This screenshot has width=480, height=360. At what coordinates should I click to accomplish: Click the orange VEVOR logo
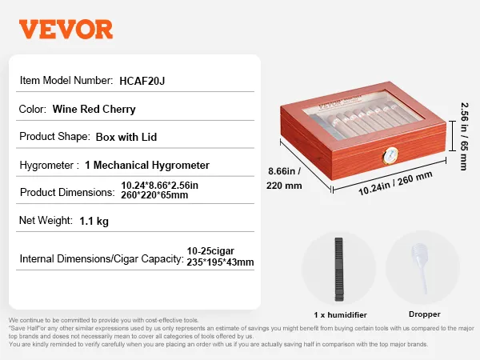click(x=66, y=29)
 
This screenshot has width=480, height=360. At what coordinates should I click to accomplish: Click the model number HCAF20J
click(x=142, y=81)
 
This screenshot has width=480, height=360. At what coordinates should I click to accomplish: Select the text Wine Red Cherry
click(x=94, y=109)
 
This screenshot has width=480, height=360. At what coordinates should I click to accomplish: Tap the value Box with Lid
click(x=126, y=137)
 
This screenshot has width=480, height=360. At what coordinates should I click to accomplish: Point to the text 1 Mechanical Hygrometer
click(x=147, y=166)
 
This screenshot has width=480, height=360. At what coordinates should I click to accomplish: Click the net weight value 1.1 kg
click(x=94, y=221)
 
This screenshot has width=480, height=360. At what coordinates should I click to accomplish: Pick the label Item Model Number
click(x=66, y=81)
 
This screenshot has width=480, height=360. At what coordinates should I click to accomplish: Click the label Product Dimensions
click(x=67, y=192)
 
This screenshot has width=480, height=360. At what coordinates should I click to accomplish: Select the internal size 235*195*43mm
click(x=220, y=262)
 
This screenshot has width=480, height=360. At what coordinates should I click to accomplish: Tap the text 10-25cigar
click(x=210, y=251)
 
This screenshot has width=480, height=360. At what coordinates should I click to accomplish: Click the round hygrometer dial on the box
click(x=391, y=155)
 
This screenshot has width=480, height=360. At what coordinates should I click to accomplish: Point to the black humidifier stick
click(x=338, y=270)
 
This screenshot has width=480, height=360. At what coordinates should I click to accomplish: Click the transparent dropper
click(x=421, y=267)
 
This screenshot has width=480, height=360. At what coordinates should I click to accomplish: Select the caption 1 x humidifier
click(x=340, y=314)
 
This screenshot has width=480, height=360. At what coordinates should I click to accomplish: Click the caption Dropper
click(x=425, y=314)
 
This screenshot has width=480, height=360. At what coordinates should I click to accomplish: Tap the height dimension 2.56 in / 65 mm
click(x=464, y=136)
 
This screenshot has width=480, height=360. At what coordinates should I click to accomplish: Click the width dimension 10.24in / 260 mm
click(x=395, y=183)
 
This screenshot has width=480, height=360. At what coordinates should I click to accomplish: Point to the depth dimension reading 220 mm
click(x=284, y=186)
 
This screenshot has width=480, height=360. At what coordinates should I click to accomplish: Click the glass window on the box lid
click(x=363, y=114)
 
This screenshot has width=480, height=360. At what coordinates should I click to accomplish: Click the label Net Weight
click(x=46, y=221)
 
